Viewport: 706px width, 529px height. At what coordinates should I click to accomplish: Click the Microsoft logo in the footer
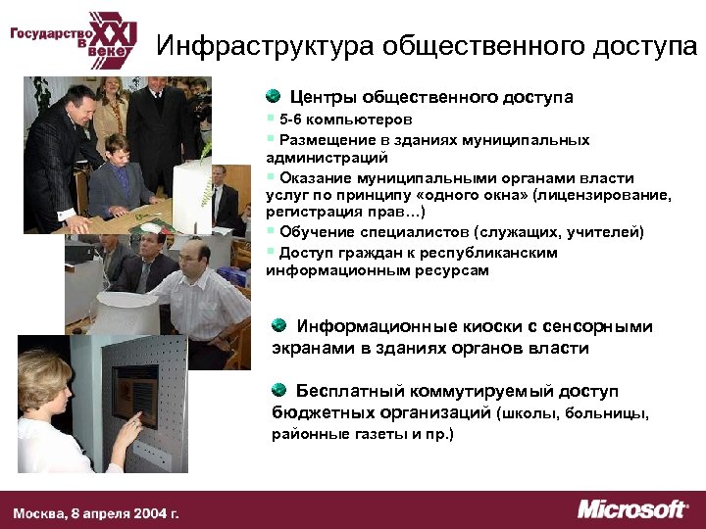pos(632,509)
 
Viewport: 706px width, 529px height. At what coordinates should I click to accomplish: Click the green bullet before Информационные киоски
pos(280,325)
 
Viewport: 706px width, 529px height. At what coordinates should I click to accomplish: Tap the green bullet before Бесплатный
pos(280,390)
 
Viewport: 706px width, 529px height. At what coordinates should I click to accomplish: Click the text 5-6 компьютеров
pos(338,120)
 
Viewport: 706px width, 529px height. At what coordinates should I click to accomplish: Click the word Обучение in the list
pos(312,232)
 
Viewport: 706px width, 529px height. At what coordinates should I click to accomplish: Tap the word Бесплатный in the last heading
pos(346,391)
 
